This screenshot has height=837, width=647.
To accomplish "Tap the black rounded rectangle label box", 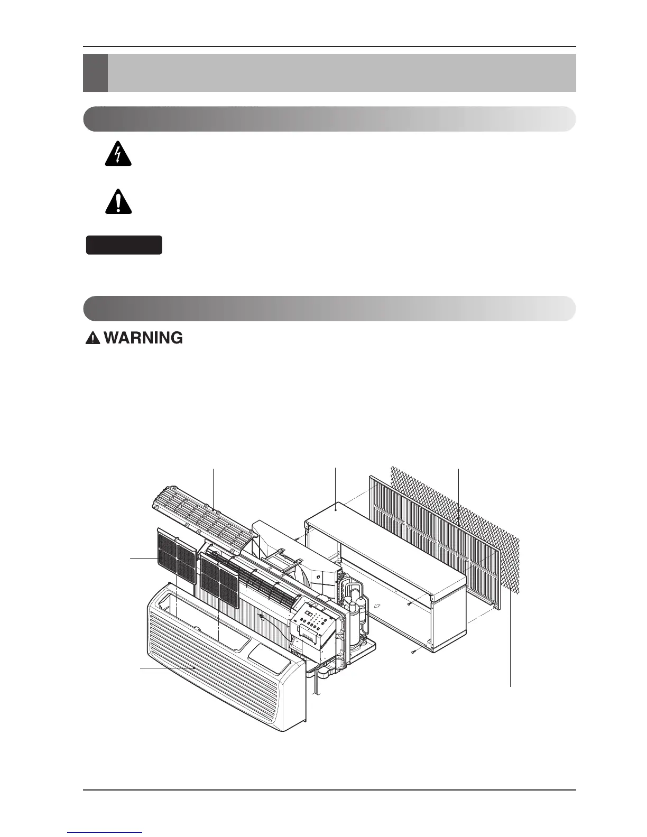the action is point(124,245).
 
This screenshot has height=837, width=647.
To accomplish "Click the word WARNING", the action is point(144,338).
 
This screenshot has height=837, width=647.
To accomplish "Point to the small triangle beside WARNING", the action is point(93,339).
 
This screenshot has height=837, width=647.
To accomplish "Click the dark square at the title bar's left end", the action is point(95,73).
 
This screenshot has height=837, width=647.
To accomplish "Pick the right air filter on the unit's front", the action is point(219,581).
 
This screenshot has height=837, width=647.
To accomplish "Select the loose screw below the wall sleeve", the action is point(414,652).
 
